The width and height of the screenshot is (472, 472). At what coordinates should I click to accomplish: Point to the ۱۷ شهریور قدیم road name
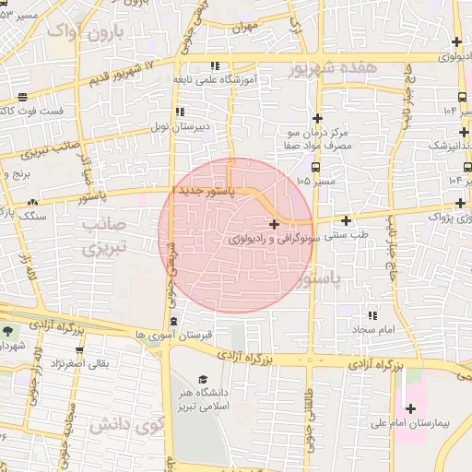[135, 74]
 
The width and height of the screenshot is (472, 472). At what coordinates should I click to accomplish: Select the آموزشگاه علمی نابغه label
[219, 80]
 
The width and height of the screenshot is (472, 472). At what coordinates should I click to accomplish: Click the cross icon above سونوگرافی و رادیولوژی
[274, 224]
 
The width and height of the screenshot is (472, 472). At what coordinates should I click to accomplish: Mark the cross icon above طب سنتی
[347, 220]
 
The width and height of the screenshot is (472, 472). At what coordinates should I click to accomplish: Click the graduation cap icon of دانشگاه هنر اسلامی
[203, 380]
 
